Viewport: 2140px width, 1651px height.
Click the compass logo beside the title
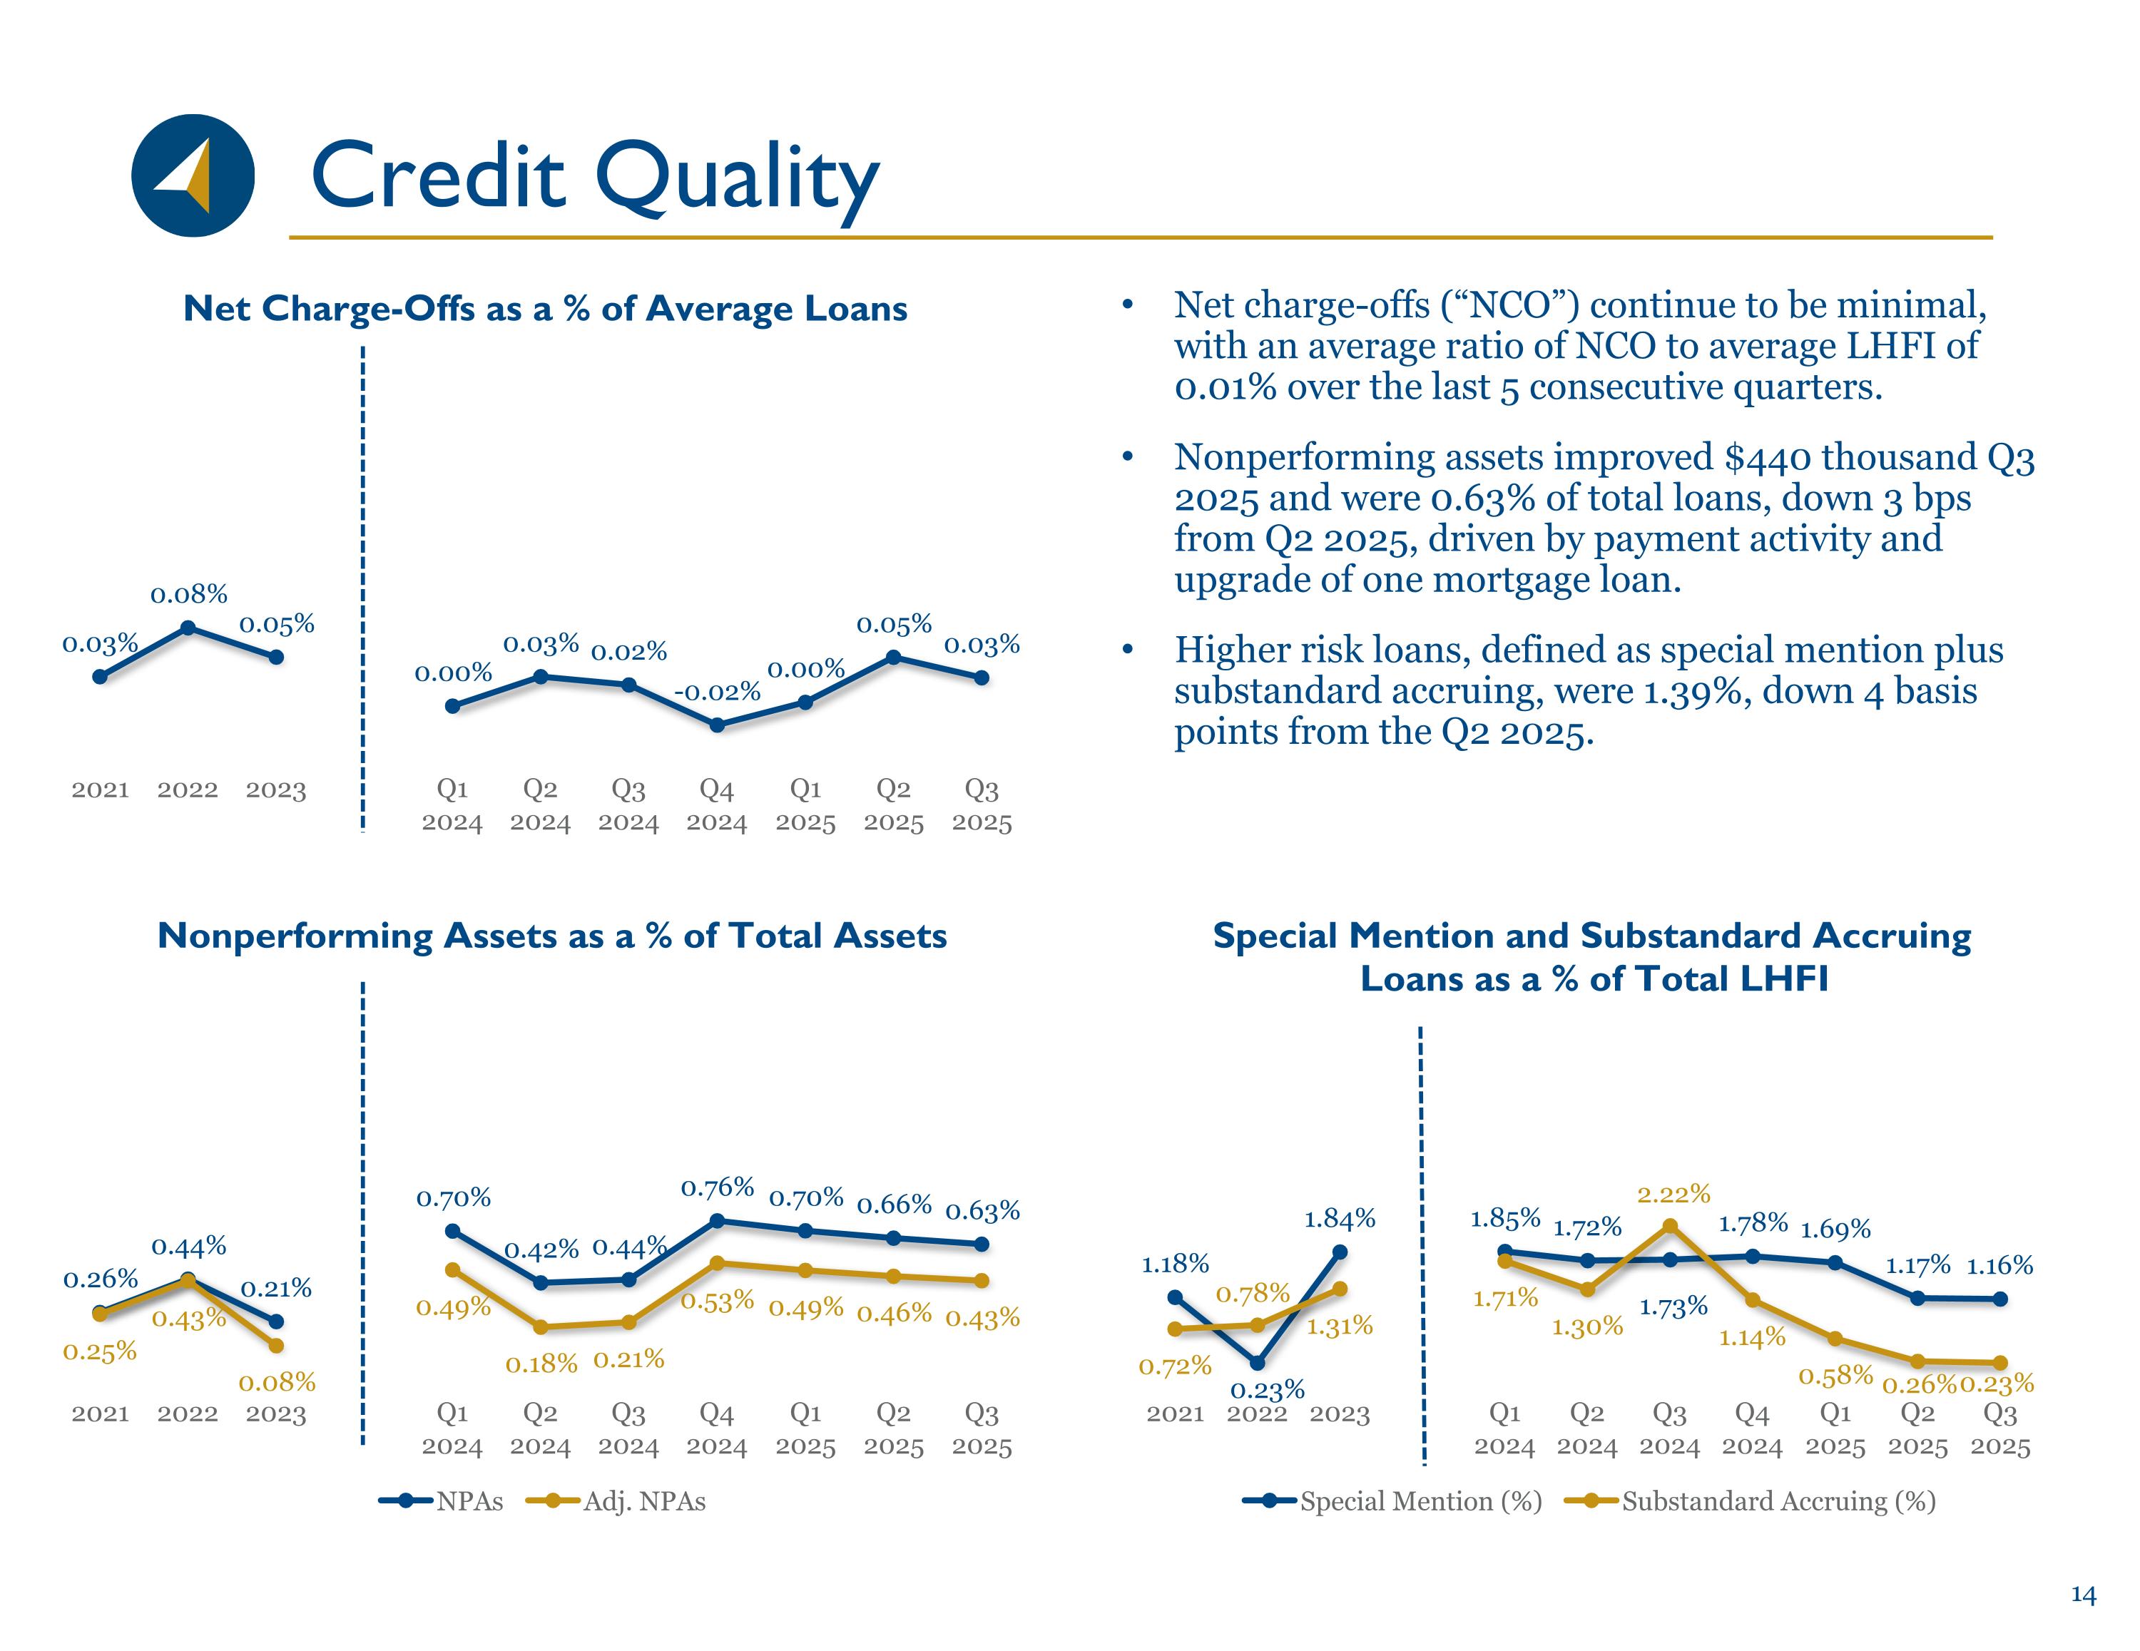click(193, 175)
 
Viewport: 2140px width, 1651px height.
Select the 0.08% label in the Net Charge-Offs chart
click(189, 594)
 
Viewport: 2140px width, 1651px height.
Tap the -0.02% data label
click(717, 692)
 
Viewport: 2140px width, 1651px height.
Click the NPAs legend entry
click(441, 1501)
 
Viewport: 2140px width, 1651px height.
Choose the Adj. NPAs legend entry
click(616, 1501)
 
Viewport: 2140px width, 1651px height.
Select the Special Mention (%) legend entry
click(1392, 1501)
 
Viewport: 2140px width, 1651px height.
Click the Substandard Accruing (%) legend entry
click(1750, 1501)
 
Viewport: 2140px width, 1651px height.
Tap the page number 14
click(2083, 1596)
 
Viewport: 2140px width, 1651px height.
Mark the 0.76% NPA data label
click(717, 1187)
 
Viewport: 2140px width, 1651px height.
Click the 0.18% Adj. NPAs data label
click(541, 1363)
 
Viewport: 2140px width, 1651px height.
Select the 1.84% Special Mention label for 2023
click(1340, 1219)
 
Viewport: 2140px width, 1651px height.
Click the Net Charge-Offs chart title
click(546, 309)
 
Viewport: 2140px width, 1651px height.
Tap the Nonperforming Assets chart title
click(553, 936)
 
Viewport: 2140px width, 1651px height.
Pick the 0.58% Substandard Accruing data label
click(1835, 1376)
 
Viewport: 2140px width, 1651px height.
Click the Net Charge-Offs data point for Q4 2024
click(717, 725)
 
